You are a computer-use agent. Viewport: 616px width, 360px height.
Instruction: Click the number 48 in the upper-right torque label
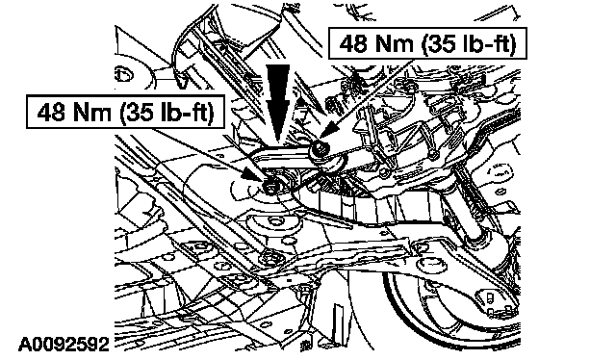click(354, 43)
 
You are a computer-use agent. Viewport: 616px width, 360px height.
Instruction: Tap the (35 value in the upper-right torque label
click(439, 43)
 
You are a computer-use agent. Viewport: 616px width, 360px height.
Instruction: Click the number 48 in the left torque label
click(52, 113)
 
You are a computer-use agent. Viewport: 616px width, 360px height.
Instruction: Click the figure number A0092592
click(64, 345)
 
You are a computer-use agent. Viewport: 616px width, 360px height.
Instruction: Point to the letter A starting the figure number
click(25, 345)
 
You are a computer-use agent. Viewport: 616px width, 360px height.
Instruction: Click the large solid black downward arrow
click(278, 103)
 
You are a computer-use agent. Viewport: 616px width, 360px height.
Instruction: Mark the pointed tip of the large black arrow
click(278, 141)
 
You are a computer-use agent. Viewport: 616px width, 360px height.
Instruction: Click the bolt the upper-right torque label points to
click(319, 150)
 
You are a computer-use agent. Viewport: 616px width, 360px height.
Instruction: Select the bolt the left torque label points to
click(270, 187)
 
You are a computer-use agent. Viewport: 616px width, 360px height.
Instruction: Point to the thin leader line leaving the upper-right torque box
click(368, 94)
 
